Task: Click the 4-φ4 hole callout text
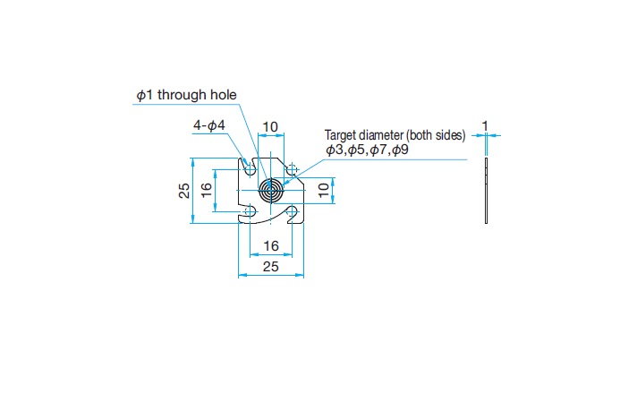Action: click(x=209, y=125)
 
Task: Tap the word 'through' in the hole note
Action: click(x=182, y=95)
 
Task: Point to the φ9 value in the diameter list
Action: click(x=400, y=150)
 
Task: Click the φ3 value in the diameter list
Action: click(x=335, y=150)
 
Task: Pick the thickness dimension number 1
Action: click(x=485, y=126)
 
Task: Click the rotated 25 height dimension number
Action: click(x=184, y=191)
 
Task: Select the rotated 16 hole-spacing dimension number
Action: click(x=207, y=191)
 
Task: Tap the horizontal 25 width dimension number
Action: click(x=270, y=267)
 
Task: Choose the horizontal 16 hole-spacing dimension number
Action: click(x=271, y=246)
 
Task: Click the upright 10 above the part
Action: click(x=270, y=127)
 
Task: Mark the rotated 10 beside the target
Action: click(x=323, y=190)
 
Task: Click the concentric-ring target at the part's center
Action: click(x=271, y=191)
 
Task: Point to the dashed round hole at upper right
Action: click(x=292, y=168)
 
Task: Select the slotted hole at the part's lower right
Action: click(x=293, y=212)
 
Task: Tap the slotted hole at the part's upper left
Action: click(x=249, y=167)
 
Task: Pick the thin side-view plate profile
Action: click(x=487, y=191)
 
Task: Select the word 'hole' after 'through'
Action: click(x=224, y=95)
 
